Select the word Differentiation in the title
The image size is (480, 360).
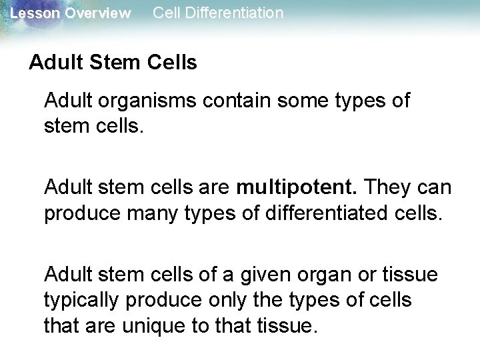coord(232,13)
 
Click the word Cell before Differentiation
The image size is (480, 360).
coord(165,13)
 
